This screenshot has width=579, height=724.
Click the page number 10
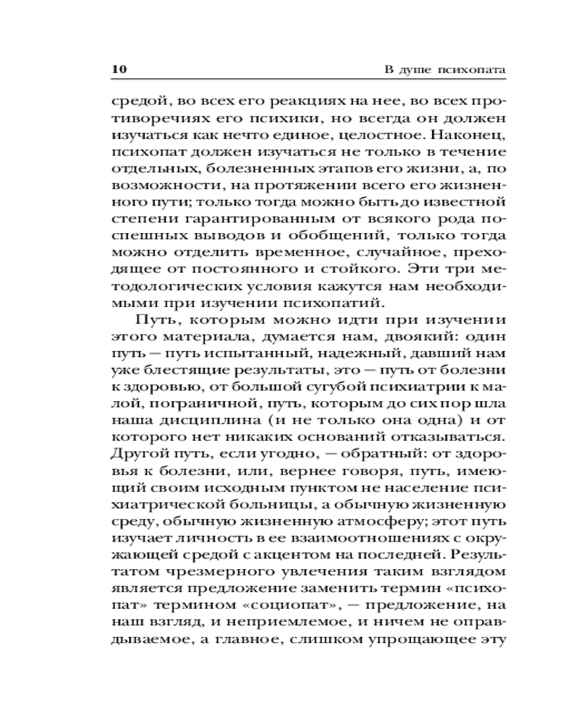tap(119, 70)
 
